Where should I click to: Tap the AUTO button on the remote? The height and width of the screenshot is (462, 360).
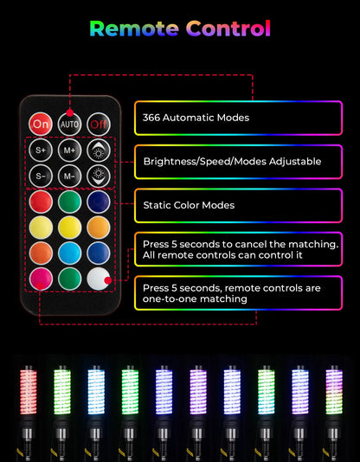(x=69, y=124)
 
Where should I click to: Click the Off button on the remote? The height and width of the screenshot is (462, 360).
(x=99, y=124)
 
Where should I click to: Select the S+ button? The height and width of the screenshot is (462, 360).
(x=41, y=151)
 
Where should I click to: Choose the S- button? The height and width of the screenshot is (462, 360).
(x=41, y=176)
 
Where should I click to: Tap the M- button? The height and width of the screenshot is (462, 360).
(x=69, y=176)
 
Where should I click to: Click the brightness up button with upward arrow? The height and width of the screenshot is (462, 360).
(x=99, y=151)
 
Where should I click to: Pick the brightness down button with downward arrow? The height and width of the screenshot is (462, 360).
(x=99, y=176)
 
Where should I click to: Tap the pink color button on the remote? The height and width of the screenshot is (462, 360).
(x=41, y=279)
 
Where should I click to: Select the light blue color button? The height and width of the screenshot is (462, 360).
(x=69, y=253)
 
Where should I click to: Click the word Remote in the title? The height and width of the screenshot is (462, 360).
(x=134, y=29)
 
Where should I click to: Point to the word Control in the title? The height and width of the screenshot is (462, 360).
(x=228, y=29)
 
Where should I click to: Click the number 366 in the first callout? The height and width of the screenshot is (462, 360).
(x=151, y=118)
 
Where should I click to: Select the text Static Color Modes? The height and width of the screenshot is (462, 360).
(x=189, y=205)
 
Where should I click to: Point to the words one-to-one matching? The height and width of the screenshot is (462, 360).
(x=195, y=299)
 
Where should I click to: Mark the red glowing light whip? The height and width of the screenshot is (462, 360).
(x=29, y=390)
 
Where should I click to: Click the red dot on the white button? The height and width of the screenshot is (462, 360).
(x=108, y=280)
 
